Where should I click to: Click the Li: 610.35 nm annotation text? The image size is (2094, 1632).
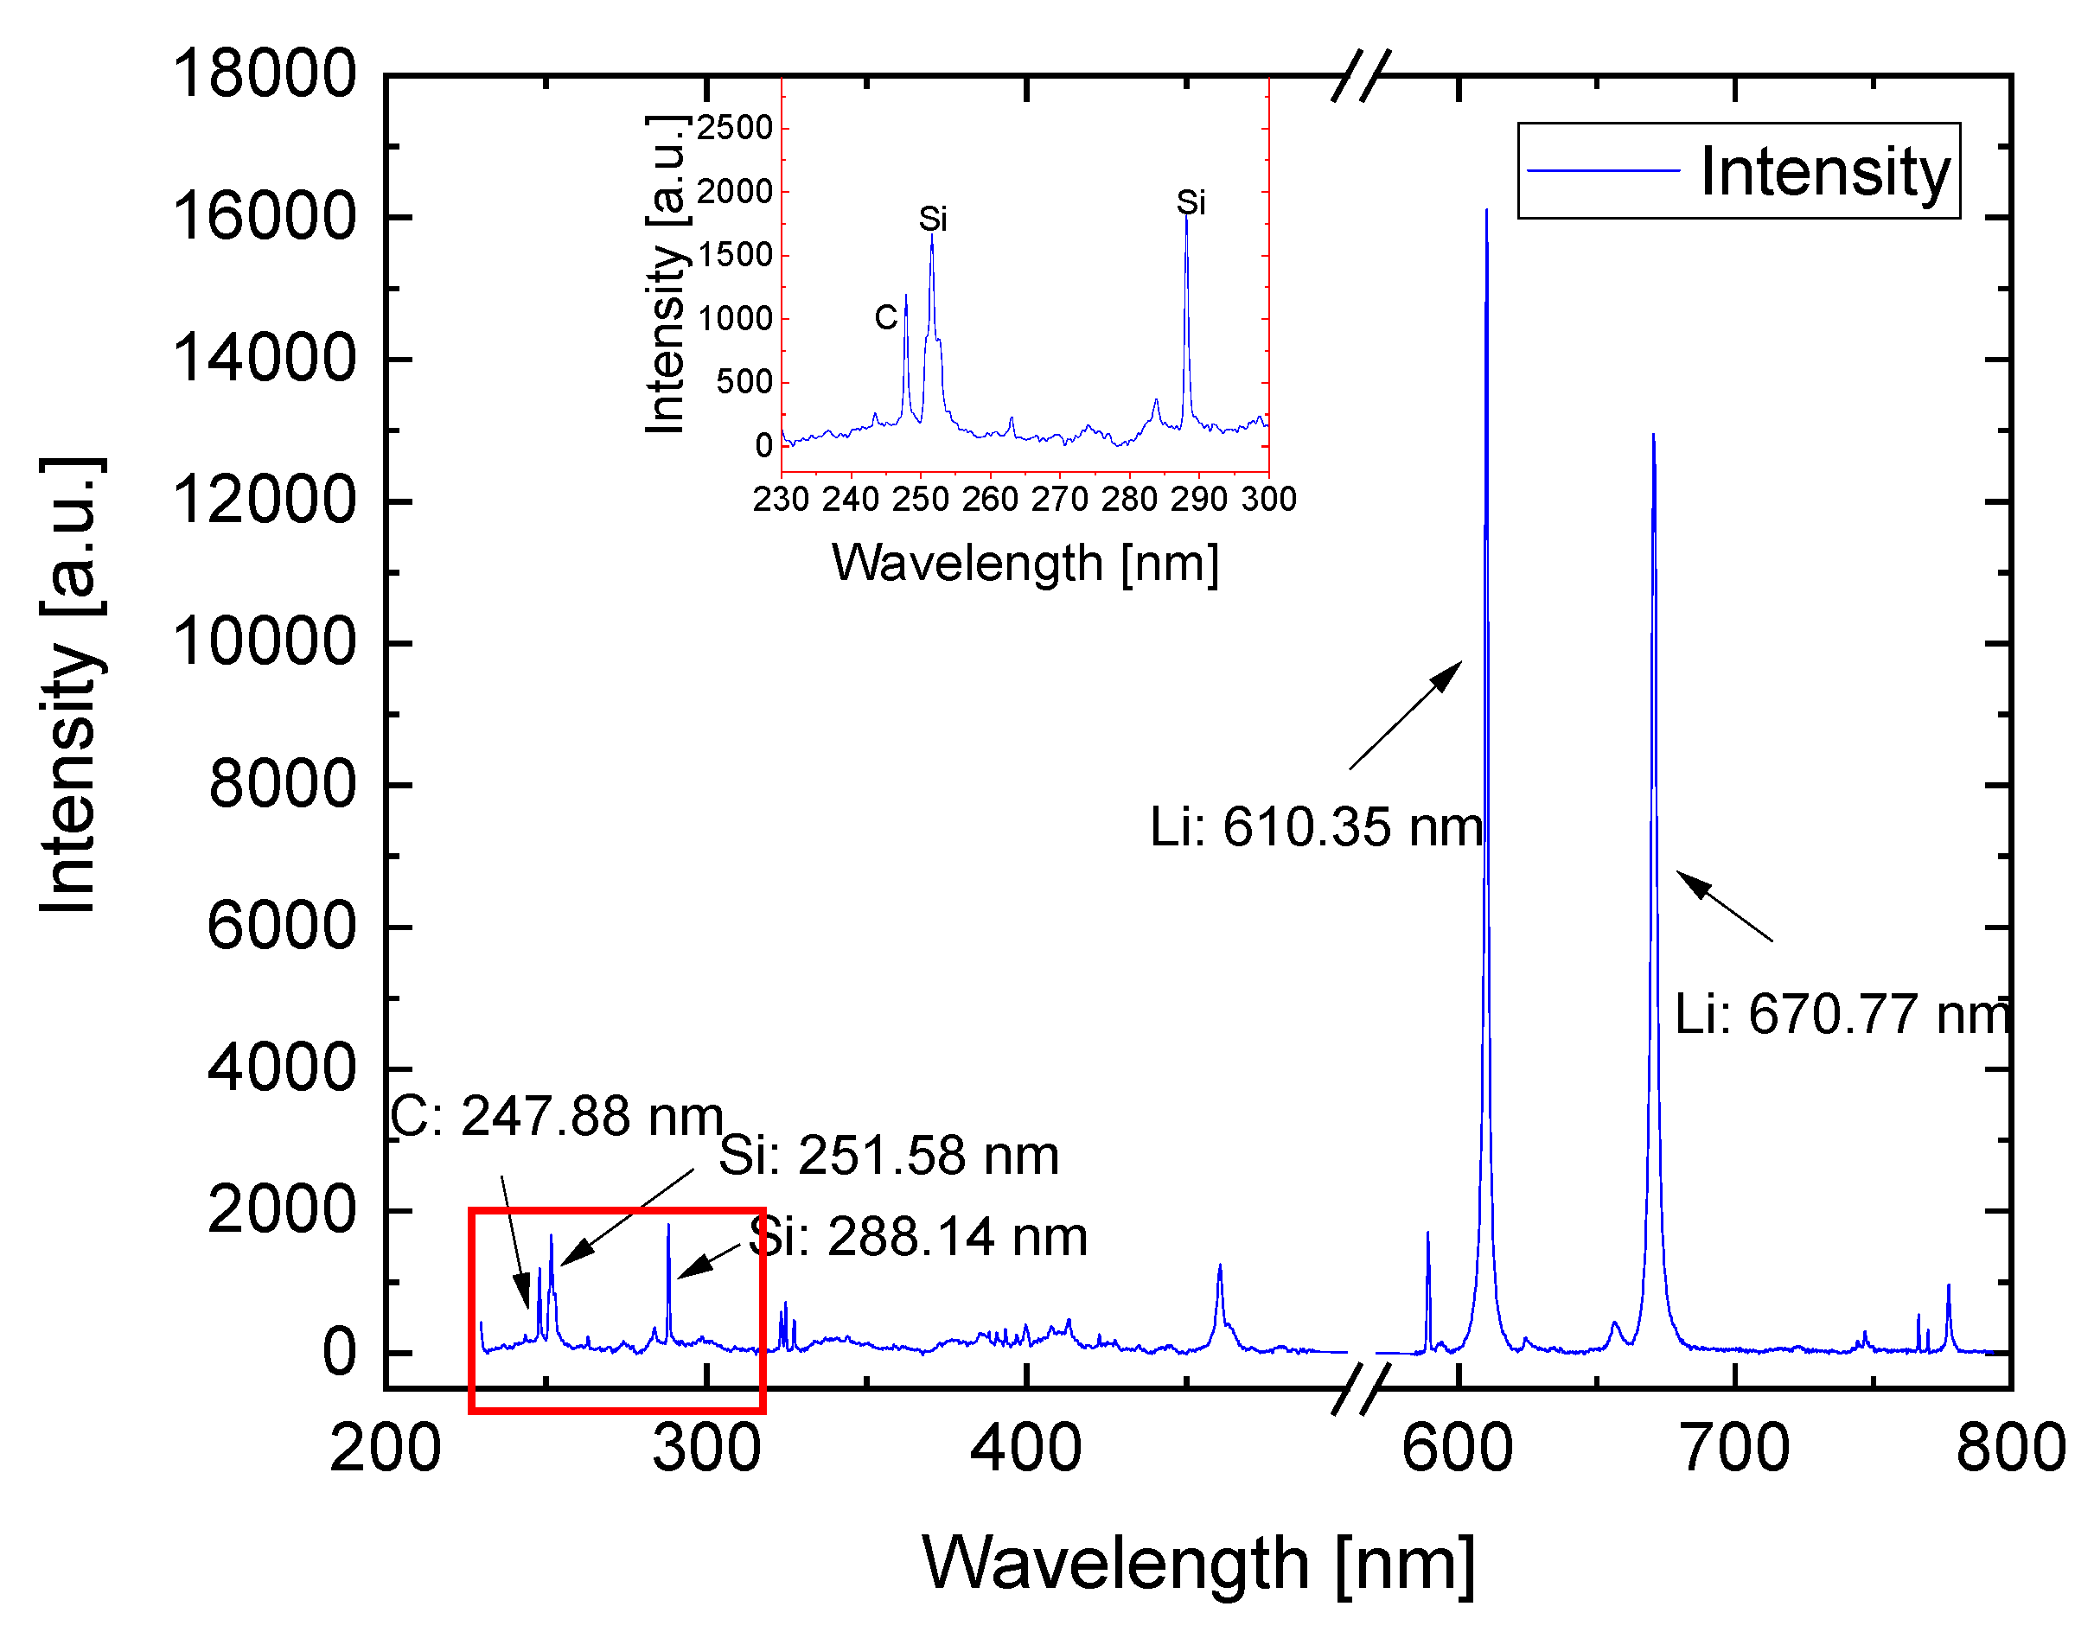[1316, 826]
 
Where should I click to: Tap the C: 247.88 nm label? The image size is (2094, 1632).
[556, 1116]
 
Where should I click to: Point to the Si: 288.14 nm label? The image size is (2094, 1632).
[917, 1236]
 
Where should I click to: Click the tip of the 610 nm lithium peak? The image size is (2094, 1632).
[1487, 212]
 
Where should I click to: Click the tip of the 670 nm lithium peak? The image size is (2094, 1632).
[1654, 437]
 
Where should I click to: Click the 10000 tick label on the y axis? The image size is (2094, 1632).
[264, 641]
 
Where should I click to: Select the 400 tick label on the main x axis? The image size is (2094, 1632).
[1026, 1448]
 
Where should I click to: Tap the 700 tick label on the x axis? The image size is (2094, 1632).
[1734, 1448]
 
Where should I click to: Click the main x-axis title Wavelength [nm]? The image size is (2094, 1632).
[1198, 1563]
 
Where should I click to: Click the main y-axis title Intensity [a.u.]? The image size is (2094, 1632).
[69, 685]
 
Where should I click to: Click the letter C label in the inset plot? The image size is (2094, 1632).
[886, 317]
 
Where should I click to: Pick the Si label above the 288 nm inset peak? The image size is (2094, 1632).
[1191, 202]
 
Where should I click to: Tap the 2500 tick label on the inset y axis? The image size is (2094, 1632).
[734, 128]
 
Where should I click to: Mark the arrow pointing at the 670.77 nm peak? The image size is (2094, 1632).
[1723, 905]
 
